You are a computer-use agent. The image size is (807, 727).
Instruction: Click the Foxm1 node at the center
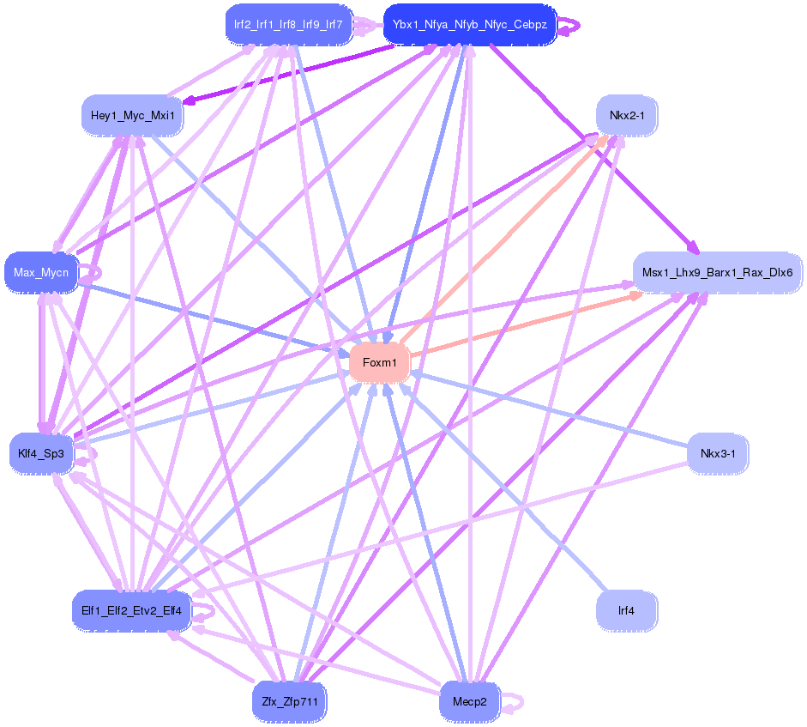coord(379,363)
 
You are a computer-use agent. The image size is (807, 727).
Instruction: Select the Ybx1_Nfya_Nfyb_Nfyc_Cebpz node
coord(469,24)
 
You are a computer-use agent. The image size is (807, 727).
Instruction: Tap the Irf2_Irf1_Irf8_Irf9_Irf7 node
coord(287,24)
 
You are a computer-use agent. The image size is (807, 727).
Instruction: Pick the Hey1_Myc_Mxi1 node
coord(132,116)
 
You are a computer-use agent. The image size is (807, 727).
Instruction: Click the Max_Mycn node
coord(40,274)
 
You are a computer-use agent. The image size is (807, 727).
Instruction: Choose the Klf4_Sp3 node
coord(41,453)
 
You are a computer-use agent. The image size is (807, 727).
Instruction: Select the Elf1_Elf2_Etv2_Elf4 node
coord(131,610)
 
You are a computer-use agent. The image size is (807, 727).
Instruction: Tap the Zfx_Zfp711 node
coord(290,702)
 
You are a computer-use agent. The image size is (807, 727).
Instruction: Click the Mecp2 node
coord(468,702)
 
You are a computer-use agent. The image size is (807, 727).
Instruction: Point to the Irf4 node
coord(626,611)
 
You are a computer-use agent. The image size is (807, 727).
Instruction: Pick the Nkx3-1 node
coord(717,453)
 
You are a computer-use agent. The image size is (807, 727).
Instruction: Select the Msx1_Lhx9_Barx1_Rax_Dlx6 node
coord(717,274)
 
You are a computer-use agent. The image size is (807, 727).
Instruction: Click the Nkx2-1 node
coord(626,116)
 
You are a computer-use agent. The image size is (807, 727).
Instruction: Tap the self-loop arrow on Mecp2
coord(514,703)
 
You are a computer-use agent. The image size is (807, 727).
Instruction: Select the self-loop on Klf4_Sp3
coord(88,454)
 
